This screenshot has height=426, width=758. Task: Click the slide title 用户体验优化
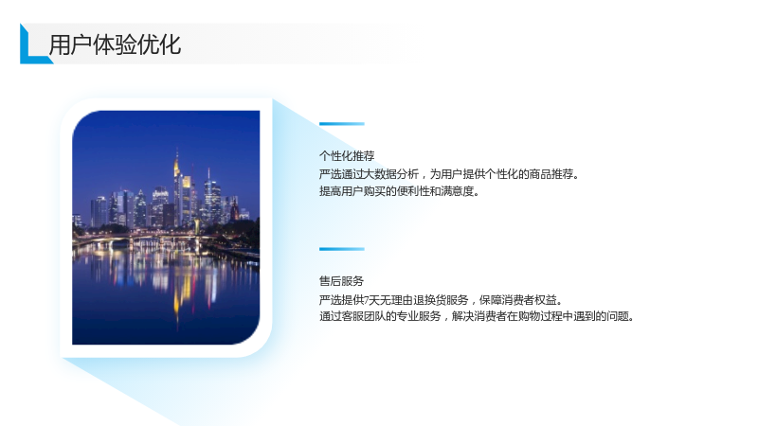coord(115,44)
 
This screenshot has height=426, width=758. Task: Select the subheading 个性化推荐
coord(347,156)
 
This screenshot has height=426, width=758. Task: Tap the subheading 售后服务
coord(341,281)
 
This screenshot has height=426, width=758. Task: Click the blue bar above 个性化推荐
coord(342,124)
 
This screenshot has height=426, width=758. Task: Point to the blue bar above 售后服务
coord(342,249)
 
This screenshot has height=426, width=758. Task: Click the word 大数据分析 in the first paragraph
coord(391,174)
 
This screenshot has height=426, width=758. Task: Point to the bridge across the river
coord(145,238)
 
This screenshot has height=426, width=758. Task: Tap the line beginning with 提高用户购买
coord(399,191)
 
